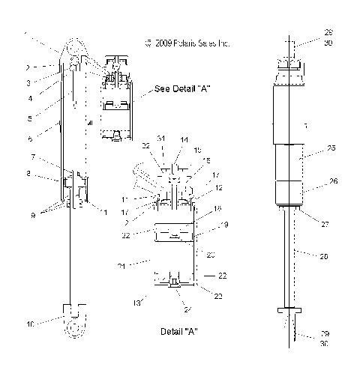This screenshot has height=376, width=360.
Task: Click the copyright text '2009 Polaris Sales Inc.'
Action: click(188, 44)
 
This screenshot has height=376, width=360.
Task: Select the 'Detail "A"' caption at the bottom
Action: click(179, 330)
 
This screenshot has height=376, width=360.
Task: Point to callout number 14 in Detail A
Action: click(184, 139)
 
